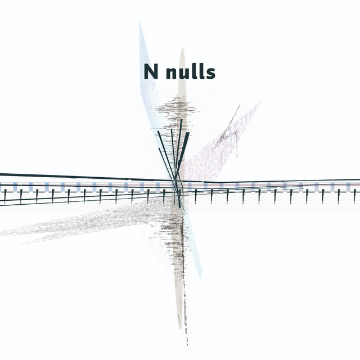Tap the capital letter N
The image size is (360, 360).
click(x=150, y=72)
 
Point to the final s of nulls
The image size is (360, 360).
click(x=210, y=74)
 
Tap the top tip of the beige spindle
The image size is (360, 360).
click(x=182, y=49)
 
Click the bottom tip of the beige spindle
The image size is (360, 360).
click(x=181, y=329)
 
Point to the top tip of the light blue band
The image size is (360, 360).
click(x=140, y=21)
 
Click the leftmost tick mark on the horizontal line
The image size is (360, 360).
click(x=4, y=196)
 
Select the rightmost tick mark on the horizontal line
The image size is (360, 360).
click(x=354, y=196)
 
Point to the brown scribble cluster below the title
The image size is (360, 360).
click(x=177, y=110)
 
